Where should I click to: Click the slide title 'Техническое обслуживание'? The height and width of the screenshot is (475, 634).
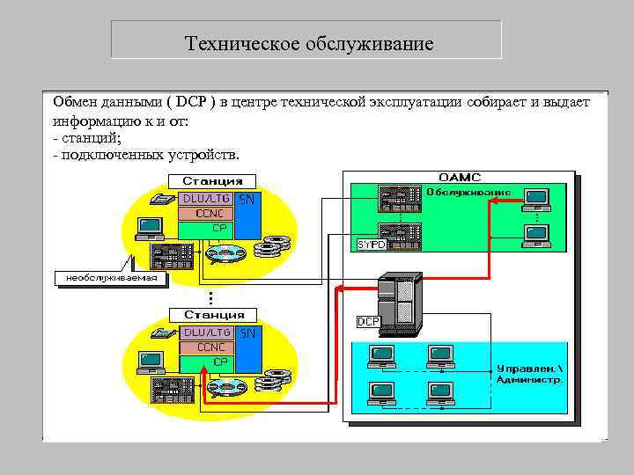309,43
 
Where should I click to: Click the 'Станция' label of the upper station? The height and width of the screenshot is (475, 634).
213,180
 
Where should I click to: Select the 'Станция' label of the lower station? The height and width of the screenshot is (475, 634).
213,314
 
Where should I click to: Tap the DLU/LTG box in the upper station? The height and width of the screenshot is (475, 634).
206,198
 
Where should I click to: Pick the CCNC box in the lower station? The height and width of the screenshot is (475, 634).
206,347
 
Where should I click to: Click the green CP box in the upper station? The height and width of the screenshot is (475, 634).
206,229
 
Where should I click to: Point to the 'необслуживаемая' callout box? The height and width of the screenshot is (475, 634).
111,278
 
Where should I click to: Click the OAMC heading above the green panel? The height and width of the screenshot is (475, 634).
461,177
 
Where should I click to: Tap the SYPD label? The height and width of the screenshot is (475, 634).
371,242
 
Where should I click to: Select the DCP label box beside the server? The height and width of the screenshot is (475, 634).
368,322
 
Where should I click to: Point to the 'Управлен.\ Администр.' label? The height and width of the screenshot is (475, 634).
529,374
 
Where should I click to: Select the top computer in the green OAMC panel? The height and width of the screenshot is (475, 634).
535,199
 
